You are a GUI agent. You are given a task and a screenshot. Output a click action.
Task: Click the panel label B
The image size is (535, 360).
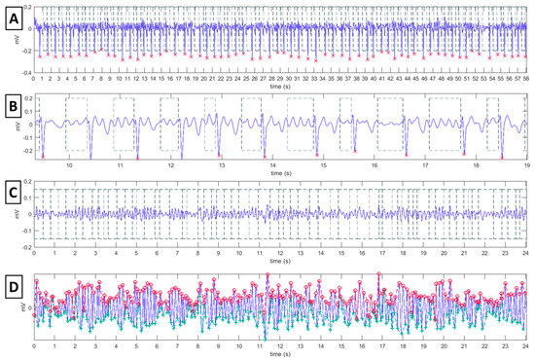tap(15, 104)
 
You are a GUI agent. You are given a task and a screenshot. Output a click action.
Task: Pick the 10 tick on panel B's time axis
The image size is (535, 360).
tap(69, 166)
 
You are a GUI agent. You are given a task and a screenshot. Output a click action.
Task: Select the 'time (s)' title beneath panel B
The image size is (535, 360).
tap(280, 174)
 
